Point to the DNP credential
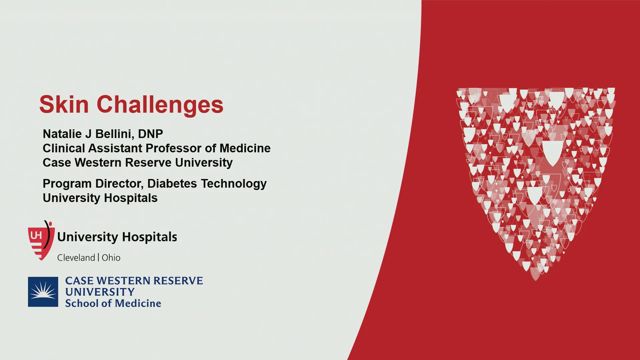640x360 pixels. pos(150,134)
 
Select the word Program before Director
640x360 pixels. pos(67,184)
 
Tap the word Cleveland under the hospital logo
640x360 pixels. pos(76,258)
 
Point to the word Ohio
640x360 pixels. pos(111,258)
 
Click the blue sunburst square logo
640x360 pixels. pos(43,292)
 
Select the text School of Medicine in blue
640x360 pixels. pos(113,303)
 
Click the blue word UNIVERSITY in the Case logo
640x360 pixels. pos(100,292)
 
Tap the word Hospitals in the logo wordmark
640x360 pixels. pos(149,237)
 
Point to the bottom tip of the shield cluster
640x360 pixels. pos(536,281)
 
